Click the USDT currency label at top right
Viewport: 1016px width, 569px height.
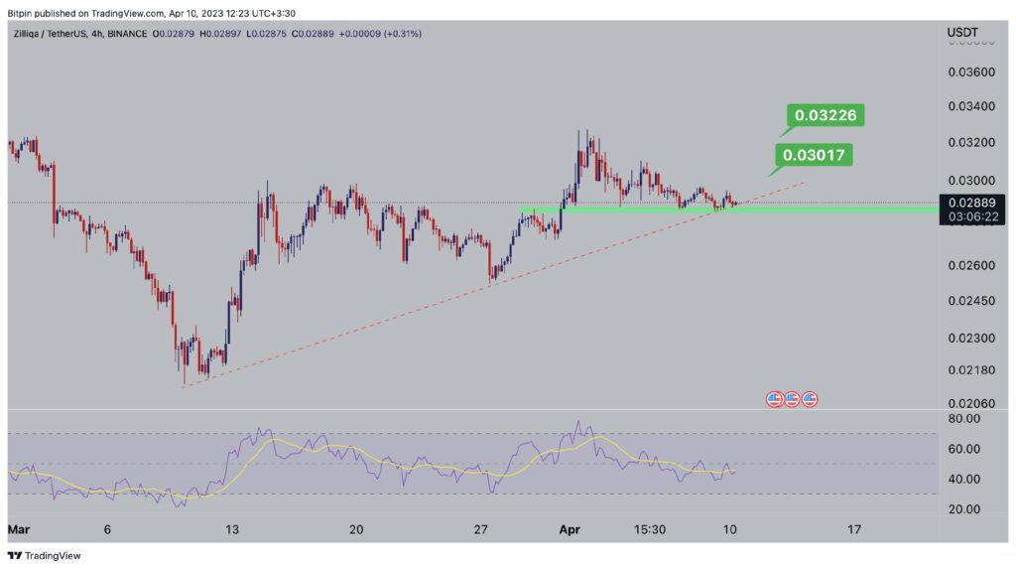[963, 33]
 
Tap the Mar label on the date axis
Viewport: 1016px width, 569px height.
[19, 530]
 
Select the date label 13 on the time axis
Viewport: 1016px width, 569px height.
[231, 530]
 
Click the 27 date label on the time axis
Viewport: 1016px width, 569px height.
[481, 530]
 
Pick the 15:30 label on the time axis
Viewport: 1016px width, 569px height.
[649, 530]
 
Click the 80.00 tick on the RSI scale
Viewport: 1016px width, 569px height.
[963, 419]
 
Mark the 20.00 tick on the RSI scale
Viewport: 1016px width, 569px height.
[963, 509]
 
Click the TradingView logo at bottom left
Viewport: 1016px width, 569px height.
[45, 556]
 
